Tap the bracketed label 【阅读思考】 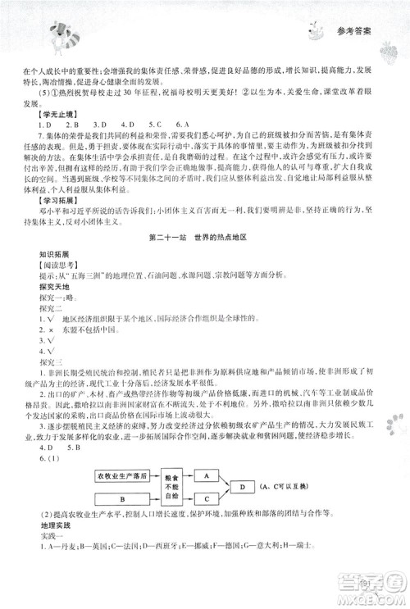click(x=46, y=267)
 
